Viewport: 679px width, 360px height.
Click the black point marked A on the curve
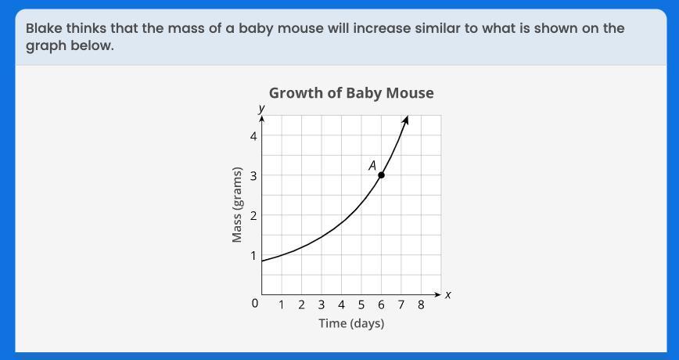point(381,175)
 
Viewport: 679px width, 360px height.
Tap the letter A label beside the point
point(372,165)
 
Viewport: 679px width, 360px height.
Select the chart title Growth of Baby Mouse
point(351,93)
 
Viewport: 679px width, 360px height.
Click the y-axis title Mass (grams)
point(236,204)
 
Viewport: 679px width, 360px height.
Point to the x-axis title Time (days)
point(352,323)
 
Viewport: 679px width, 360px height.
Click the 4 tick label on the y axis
point(253,136)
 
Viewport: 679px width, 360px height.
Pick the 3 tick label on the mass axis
point(253,175)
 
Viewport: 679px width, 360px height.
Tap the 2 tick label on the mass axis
point(253,215)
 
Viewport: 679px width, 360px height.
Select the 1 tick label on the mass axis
point(253,256)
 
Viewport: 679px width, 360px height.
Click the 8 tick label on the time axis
point(421,305)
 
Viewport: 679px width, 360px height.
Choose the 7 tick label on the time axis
point(401,305)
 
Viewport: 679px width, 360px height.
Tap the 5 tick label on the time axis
point(361,305)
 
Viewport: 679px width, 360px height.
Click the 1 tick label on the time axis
point(282,305)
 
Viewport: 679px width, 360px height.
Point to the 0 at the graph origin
point(255,303)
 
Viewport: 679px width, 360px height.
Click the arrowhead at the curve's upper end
point(406,119)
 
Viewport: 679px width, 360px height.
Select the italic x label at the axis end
point(448,295)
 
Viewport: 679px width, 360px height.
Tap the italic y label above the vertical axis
point(262,108)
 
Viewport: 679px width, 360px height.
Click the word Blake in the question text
point(44,29)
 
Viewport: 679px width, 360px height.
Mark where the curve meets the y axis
point(262,261)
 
